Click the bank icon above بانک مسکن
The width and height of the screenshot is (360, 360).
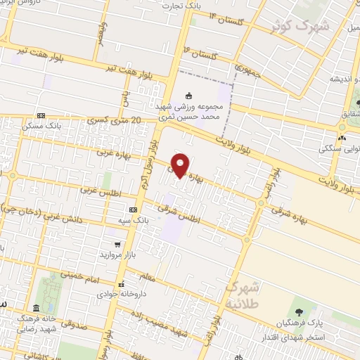(40, 115)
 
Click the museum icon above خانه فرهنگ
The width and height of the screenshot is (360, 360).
(37, 308)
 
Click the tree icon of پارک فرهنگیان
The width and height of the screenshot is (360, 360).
(299, 312)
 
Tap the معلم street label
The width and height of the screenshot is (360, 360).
(166, 281)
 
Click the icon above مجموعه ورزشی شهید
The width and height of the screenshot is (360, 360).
(188, 96)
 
